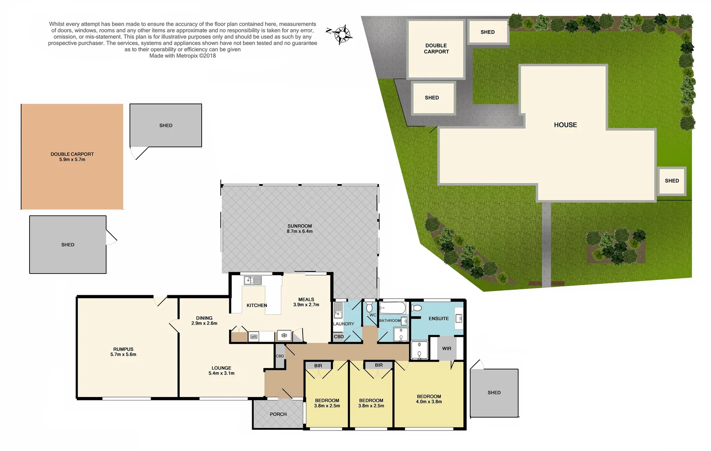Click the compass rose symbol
coord(341,34)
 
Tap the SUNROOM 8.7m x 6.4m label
coord(299,228)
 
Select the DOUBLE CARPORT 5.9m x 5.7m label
coord(72,157)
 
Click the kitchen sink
coord(253,281)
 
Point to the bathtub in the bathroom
coord(392,308)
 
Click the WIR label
coord(446,348)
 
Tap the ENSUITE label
coord(438,318)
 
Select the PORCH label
coord(278,414)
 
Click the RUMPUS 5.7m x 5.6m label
coord(123,352)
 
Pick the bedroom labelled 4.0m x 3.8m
coord(429,399)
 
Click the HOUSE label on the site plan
coord(565,125)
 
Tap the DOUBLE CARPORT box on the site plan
coord(436,49)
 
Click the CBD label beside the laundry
coord(339,337)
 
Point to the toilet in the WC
coord(369,308)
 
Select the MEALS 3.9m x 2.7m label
coord(306,302)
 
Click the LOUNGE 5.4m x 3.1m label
coord(221,370)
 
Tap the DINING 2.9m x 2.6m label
coord(204,320)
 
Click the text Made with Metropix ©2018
coord(182,56)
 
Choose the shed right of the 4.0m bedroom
coord(494,393)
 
